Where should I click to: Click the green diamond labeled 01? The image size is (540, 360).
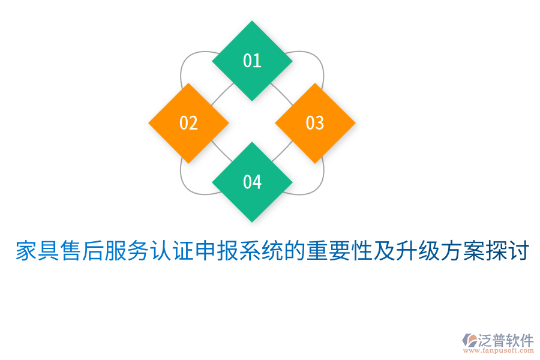252,61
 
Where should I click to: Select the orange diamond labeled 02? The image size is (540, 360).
188,123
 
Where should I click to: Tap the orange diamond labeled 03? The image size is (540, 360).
315,123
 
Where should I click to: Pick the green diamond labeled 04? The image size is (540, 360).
252,182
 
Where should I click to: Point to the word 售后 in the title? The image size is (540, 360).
84,251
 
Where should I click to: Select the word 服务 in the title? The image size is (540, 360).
128,251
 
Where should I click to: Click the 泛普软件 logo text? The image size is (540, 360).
506,341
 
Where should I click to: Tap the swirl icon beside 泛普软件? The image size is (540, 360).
470,340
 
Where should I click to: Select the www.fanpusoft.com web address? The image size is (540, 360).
497,352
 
